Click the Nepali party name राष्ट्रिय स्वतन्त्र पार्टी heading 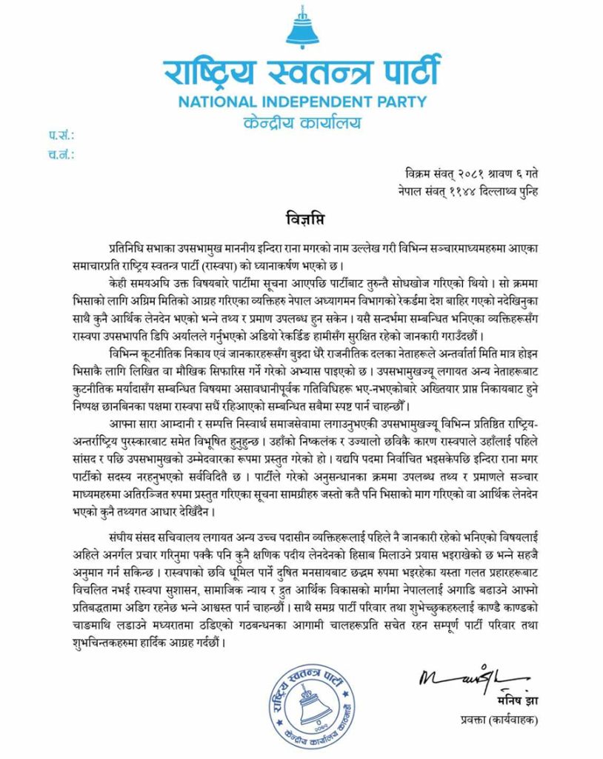click(301, 73)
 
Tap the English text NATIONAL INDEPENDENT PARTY click(301, 102)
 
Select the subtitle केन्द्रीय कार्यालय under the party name click(301, 120)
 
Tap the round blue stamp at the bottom click(311, 703)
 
